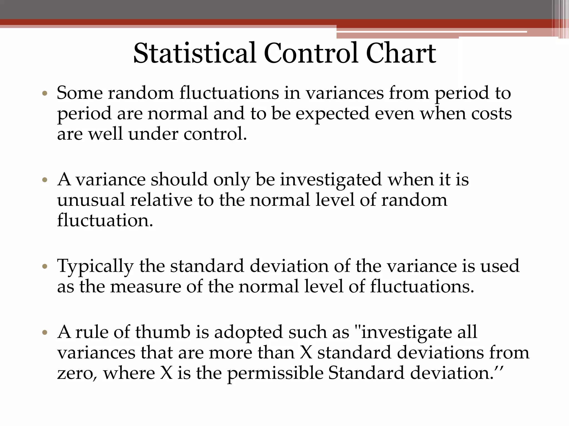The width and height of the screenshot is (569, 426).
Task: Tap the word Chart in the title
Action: tap(401, 53)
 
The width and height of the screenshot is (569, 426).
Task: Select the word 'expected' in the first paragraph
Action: tap(332, 114)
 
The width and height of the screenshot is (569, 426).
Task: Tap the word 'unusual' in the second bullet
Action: tap(91, 200)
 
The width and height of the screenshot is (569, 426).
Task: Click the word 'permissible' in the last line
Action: tap(275, 374)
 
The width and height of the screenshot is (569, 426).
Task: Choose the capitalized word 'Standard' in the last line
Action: tap(366, 373)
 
